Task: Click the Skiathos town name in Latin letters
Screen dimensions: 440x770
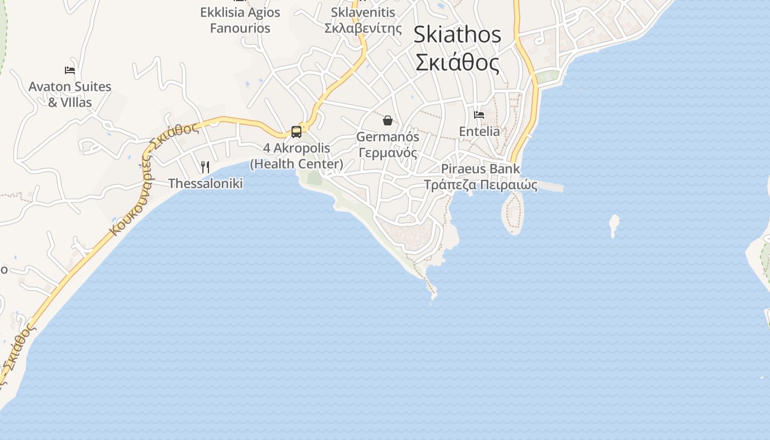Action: (457, 35)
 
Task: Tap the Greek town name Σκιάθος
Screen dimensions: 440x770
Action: (457, 62)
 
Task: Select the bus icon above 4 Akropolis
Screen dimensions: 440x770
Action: (296, 132)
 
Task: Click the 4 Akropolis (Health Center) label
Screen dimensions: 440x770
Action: (296, 156)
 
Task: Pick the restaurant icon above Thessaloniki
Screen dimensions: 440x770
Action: (205, 167)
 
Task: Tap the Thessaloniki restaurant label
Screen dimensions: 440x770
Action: (205, 184)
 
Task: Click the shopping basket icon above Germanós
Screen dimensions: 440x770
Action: (388, 120)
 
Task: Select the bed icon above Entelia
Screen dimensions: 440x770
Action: (479, 115)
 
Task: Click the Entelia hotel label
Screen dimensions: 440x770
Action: (479, 131)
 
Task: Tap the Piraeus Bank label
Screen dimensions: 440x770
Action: (480, 169)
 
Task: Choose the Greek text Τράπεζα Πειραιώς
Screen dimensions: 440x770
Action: (480, 185)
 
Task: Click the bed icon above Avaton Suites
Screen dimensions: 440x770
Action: (70, 70)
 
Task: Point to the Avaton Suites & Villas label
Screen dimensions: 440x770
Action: (70, 94)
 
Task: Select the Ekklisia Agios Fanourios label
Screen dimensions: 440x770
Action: (240, 20)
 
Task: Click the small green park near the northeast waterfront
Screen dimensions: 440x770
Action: (547, 77)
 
